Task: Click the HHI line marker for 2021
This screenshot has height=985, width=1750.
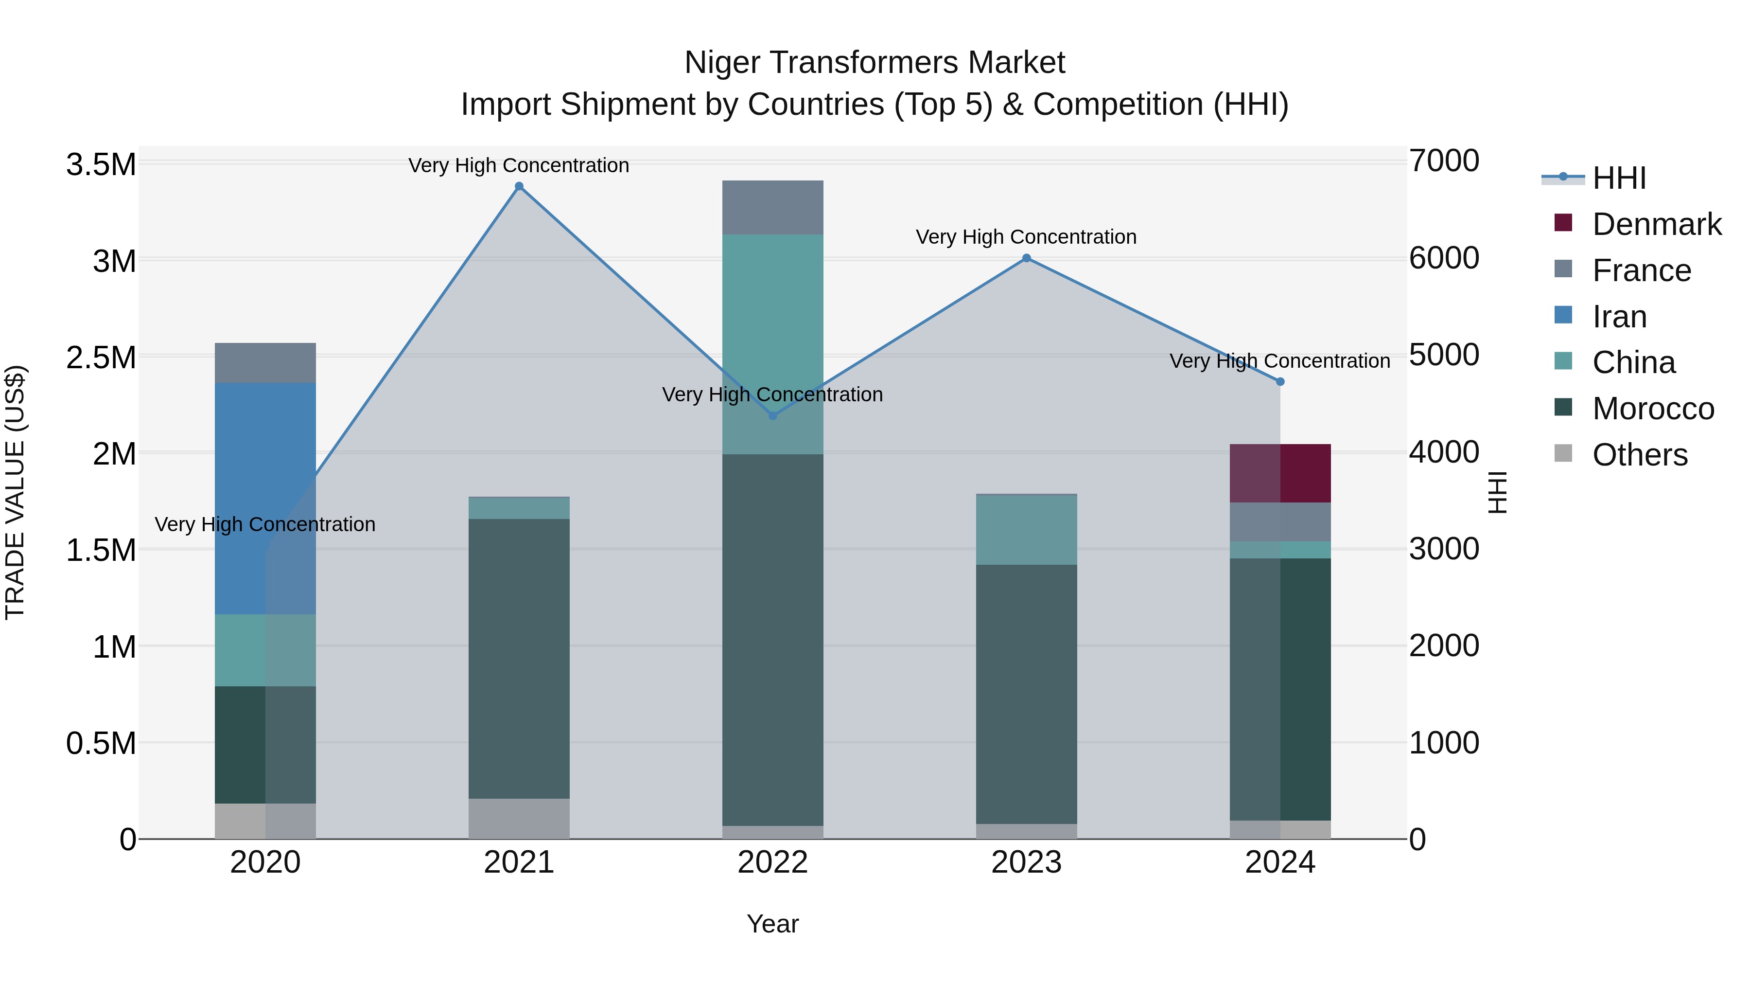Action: tap(519, 186)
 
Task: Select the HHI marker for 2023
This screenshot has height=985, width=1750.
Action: tap(1027, 258)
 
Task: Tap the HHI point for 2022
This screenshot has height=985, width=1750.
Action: tap(772, 415)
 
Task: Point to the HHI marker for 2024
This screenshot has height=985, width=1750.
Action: tap(1280, 382)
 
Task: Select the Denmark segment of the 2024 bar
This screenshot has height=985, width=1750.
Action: tap(1280, 474)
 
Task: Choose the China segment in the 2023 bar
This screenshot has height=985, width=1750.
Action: tap(1027, 530)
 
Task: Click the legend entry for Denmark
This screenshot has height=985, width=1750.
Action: tap(1656, 224)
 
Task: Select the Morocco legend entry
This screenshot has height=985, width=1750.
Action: tap(1653, 409)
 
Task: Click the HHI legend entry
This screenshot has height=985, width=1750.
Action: tap(1619, 178)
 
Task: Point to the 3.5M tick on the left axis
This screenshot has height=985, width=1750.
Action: tap(101, 164)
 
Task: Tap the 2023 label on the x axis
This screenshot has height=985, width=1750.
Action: tap(1027, 862)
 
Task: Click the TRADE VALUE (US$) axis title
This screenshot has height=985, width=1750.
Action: tap(15, 492)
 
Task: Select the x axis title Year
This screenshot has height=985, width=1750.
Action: tap(772, 924)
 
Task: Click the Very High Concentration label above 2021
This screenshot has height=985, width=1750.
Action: tap(519, 165)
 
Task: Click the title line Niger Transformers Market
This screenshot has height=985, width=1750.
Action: tap(875, 63)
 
